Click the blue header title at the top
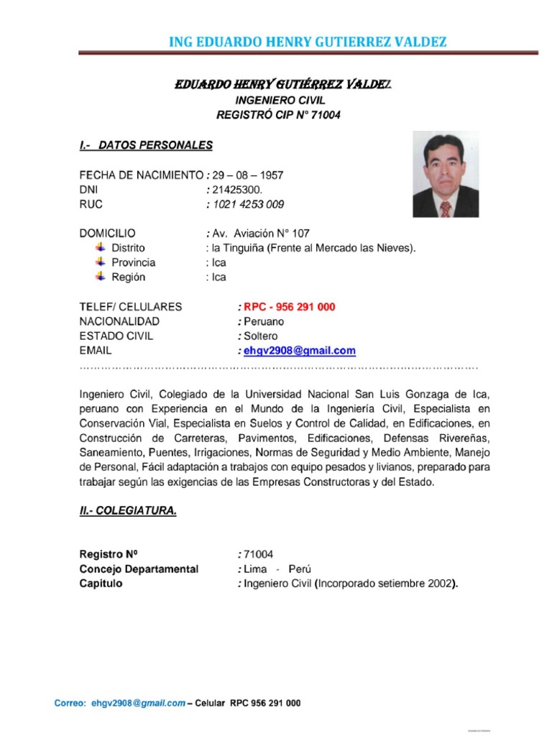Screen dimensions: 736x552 [x=307, y=42]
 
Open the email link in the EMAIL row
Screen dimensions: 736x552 [x=300, y=351]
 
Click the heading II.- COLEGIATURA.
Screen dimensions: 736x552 [x=127, y=511]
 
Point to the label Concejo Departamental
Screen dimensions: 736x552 [x=138, y=569]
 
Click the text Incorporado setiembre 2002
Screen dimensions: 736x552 [x=385, y=584]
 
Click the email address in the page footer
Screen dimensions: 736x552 [x=138, y=704]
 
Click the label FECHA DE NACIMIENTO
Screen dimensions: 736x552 [x=142, y=175]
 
